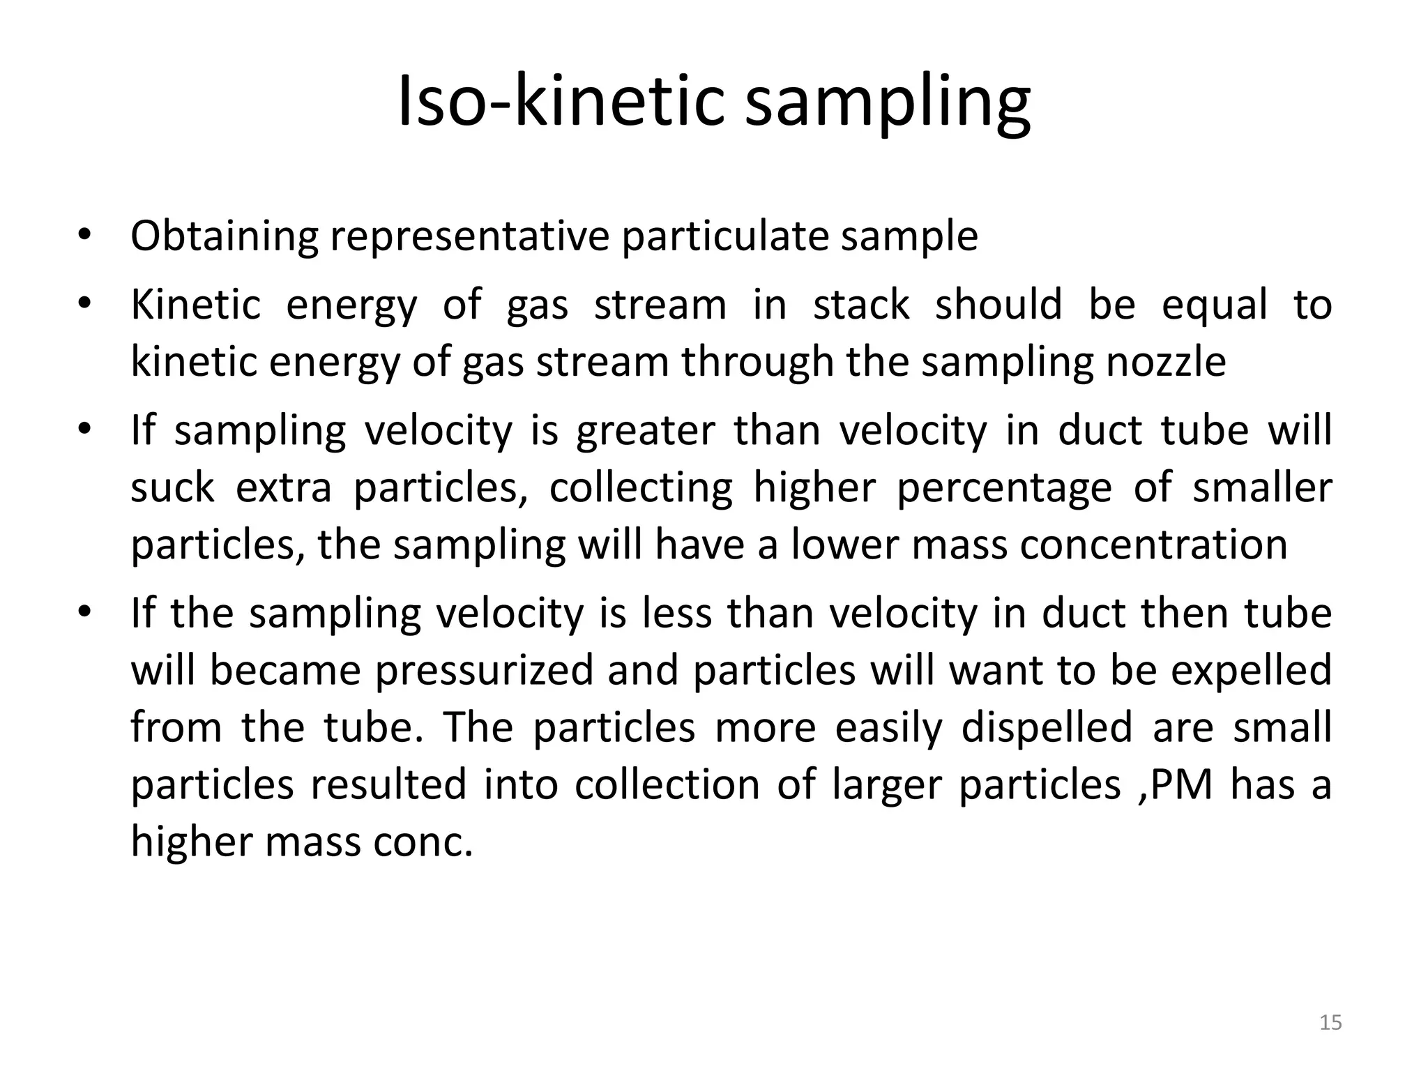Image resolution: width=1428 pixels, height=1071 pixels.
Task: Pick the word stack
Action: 861,305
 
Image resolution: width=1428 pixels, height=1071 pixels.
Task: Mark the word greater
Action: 645,431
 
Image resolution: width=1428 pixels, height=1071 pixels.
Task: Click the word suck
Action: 172,487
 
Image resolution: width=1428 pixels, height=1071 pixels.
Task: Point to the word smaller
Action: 1262,487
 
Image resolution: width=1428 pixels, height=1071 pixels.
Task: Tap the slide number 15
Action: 1331,1023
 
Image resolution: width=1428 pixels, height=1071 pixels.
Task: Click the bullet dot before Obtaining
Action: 84,236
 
